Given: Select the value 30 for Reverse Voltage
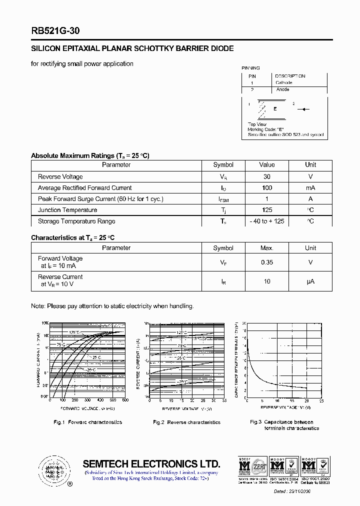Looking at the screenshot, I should point(267,176).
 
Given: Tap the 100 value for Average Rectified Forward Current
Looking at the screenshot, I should point(267,187).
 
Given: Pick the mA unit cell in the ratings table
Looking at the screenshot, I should point(310,187).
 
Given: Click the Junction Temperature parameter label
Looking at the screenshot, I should point(67,210).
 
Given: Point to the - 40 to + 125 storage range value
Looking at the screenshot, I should point(267,221).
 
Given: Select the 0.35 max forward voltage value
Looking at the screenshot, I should point(267,262).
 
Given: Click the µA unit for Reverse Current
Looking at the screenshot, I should point(310,281).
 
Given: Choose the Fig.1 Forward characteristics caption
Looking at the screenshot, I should point(87,422).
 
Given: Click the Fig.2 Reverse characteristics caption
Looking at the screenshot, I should point(186,422).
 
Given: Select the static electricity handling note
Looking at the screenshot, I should point(112,306).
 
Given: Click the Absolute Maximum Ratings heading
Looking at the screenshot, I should point(90,155).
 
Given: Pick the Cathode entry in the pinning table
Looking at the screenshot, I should point(283,82).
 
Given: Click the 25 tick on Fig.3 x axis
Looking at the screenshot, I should point(321,400).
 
